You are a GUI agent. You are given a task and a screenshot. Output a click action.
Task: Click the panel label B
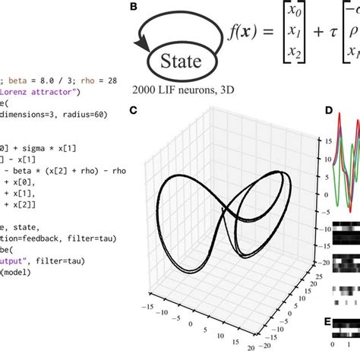[134, 8]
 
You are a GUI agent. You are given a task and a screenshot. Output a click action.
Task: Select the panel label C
[133, 111]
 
